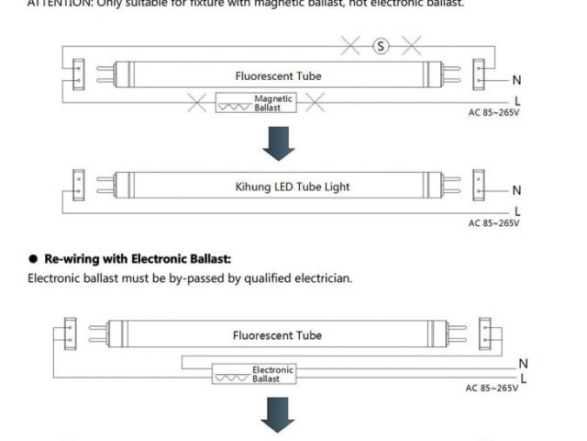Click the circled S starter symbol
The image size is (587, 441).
pos(381,46)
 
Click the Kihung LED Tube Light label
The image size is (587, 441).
pos(280,187)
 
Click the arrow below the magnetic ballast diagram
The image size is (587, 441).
pos(278,141)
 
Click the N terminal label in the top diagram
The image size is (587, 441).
pos(517,81)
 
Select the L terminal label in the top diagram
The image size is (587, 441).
pos(518,101)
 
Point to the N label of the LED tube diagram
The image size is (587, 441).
pos(517,191)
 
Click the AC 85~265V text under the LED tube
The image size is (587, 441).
pos(494,223)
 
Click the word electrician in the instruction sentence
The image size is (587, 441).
pos(325,277)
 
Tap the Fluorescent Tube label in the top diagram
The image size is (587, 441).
pos(279,76)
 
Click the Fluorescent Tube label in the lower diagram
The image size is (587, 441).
pos(278,336)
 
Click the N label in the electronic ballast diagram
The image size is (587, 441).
pos(524,364)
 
